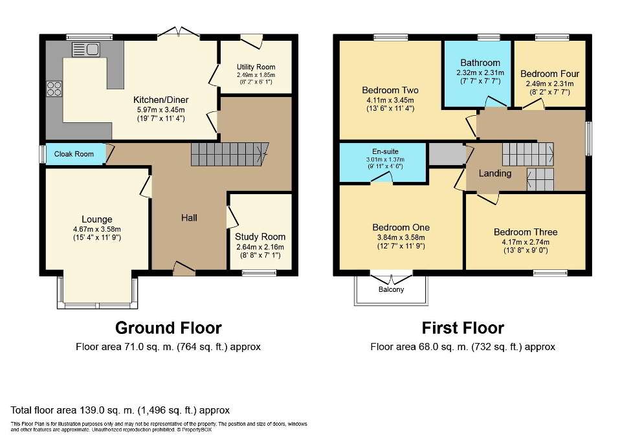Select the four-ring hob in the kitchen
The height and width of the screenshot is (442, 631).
pyautogui.click(x=54, y=88)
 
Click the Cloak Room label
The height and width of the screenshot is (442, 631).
pyautogui.click(x=74, y=154)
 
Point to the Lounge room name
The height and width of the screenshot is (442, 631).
pyautogui.click(x=97, y=219)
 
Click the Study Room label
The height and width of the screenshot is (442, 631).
pyautogui.click(x=260, y=237)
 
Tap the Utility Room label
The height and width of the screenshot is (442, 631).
pyautogui.click(x=256, y=67)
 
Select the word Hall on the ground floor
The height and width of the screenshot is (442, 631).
pyautogui.click(x=189, y=218)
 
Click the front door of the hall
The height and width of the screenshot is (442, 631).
pyautogui.click(x=184, y=269)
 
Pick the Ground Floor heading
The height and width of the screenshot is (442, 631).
pyautogui.click(x=168, y=327)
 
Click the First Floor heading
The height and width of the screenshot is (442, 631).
pyautogui.click(x=463, y=327)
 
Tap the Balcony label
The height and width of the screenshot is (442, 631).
pyautogui.click(x=391, y=289)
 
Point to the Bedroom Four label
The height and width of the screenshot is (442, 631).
pyautogui.click(x=549, y=74)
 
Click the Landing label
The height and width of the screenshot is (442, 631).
pyautogui.click(x=495, y=173)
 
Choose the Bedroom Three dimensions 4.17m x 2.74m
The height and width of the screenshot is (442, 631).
pyautogui.click(x=525, y=242)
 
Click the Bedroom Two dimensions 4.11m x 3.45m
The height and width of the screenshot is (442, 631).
pyautogui.click(x=390, y=100)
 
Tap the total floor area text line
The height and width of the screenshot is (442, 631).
pyautogui.click(x=120, y=410)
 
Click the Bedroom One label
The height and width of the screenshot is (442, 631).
pyautogui.click(x=401, y=227)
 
